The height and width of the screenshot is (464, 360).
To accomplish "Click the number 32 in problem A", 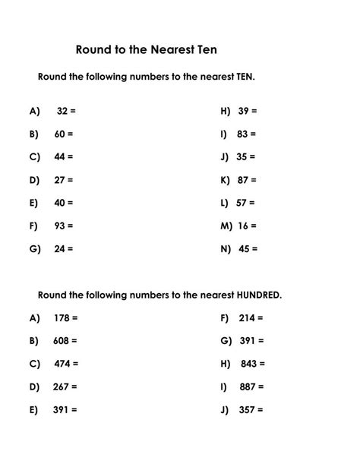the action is [62, 111].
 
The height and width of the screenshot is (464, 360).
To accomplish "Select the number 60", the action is [59, 134].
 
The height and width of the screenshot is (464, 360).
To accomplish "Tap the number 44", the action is [59, 156].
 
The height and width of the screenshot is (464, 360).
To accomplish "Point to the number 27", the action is [59, 180].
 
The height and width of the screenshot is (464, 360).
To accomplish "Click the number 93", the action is [59, 226].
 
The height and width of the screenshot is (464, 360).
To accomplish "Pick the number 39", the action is [243, 111].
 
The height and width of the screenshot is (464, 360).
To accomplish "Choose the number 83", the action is [242, 134].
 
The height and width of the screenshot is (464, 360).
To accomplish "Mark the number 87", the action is [243, 180].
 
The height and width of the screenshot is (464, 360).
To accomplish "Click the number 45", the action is [244, 248].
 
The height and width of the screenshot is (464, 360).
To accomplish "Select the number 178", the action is [61, 318].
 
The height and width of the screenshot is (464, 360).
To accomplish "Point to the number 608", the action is [61, 341].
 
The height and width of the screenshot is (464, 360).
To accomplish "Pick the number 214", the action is [247, 318].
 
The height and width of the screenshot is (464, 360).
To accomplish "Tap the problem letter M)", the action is [226, 226].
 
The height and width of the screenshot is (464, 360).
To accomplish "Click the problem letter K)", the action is [225, 180].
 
